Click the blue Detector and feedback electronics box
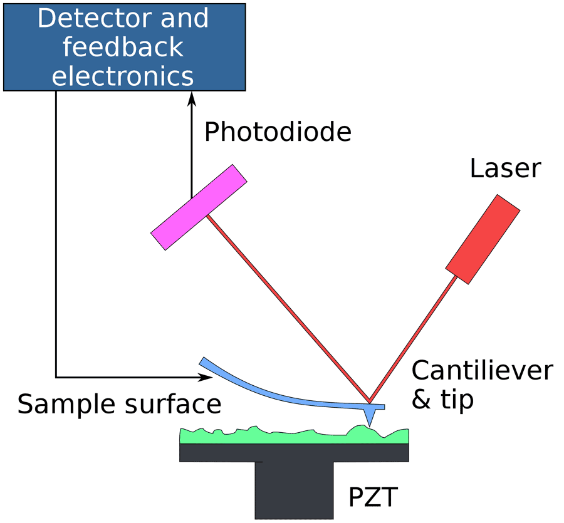123,47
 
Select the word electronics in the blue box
123,76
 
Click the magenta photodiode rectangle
199,207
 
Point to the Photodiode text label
278,132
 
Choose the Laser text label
504,168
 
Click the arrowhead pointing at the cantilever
204,377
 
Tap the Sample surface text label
119,404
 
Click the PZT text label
373,499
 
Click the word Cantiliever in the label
482,371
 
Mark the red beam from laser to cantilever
414,338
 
